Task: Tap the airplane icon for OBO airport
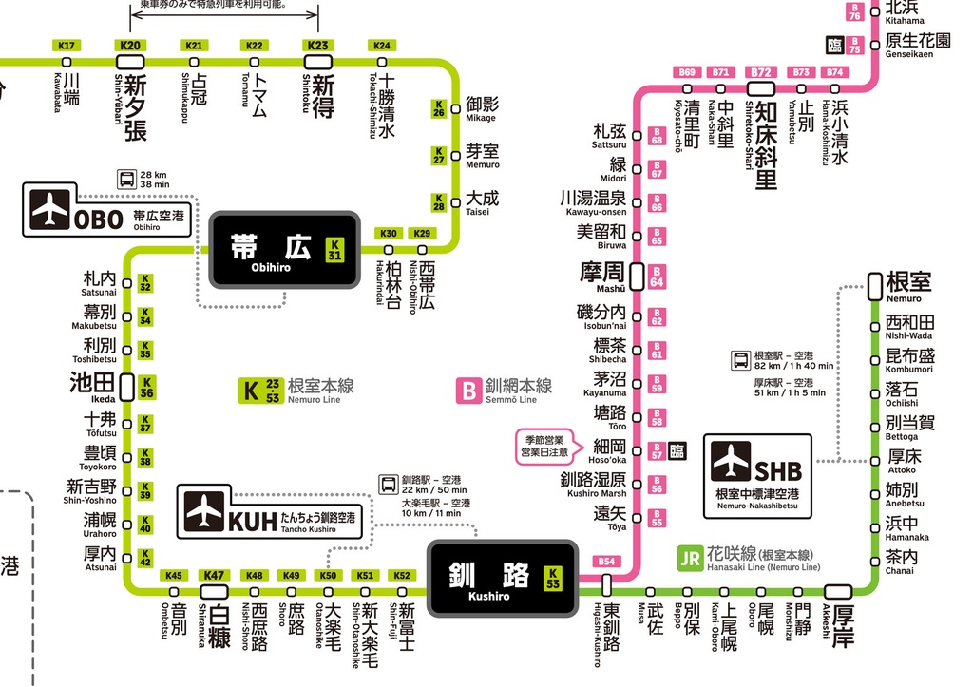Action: [x=50, y=211]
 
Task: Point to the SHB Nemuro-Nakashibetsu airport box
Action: [x=757, y=476]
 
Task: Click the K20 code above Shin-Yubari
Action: [x=130, y=46]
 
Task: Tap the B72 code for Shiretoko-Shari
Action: [x=760, y=72]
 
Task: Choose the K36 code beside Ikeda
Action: [x=145, y=387]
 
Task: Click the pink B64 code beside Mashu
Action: [x=657, y=277]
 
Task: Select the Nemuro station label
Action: [x=907, y=284]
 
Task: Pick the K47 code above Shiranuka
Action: [x=214, y=575]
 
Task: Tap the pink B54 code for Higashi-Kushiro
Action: [x=607, y=562]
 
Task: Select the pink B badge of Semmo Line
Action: [x=468, y=390]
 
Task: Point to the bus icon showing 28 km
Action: [x=125, y=179]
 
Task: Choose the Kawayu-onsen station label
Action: [x=593, y=202]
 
